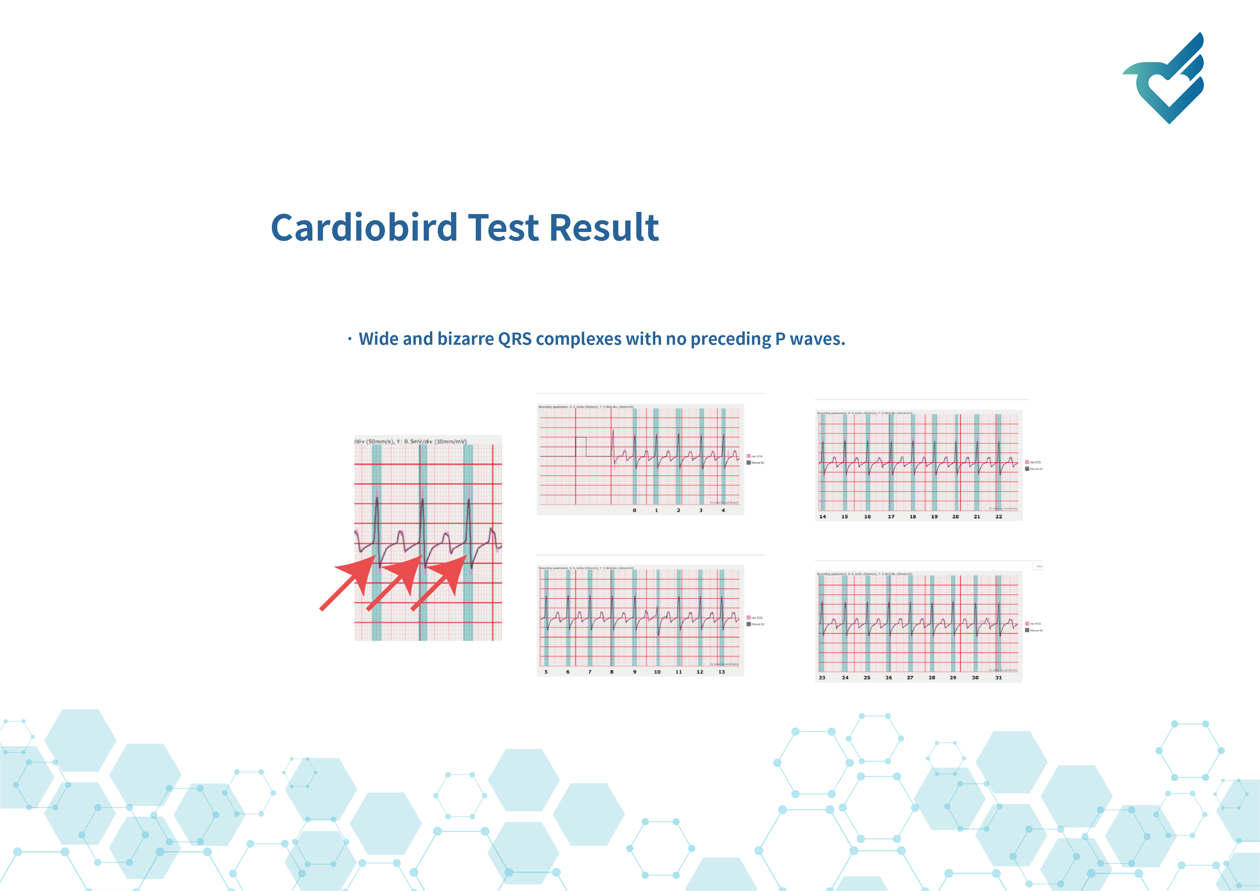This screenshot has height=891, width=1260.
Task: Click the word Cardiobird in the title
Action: point(364,227)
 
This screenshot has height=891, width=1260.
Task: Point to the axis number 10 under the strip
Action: point(657,672)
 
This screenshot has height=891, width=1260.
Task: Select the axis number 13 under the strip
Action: point(722,672)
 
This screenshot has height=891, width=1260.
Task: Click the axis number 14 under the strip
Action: point(823,516)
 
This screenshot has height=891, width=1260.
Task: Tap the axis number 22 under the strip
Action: point(999,516)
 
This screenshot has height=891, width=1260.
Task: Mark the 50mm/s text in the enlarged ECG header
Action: point(380,441)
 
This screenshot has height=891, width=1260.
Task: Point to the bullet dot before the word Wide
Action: point(350,339)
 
